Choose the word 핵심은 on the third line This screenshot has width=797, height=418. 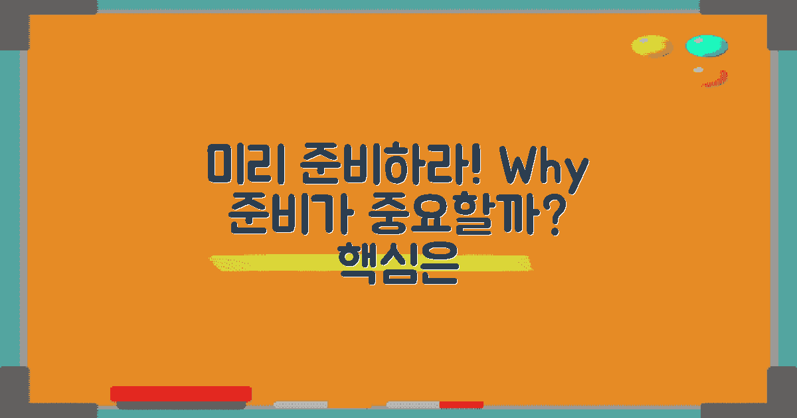click(398, 263)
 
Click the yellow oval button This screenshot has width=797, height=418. click(651, 46)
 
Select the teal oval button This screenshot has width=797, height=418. click(707, 46)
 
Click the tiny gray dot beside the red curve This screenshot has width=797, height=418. click(698, 70)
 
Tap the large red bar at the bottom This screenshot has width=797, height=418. click(181, 393)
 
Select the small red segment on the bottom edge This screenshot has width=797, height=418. click(461, 405)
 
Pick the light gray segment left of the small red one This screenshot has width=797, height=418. click(412, 405)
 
